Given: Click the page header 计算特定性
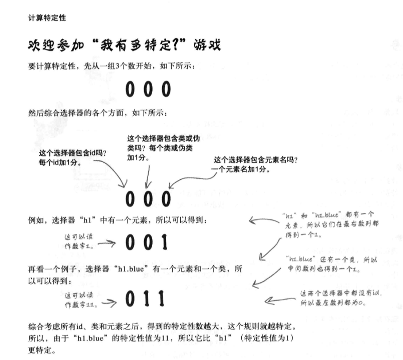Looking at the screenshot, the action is coord(47,18).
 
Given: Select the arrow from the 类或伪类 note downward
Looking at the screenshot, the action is coord(146,174).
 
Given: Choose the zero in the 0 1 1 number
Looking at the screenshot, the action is coord(130,299).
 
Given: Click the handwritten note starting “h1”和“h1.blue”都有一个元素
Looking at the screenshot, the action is coord(327,224).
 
